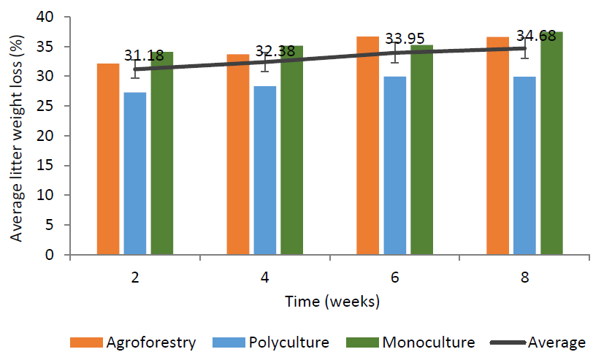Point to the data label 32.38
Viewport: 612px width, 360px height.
pos(274,51)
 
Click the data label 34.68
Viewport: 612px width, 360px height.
pos(535,35)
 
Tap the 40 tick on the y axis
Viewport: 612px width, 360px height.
pos(56,17)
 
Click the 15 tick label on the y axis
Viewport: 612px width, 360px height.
pos(56,166)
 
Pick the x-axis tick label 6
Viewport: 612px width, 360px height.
pos(394,278)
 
